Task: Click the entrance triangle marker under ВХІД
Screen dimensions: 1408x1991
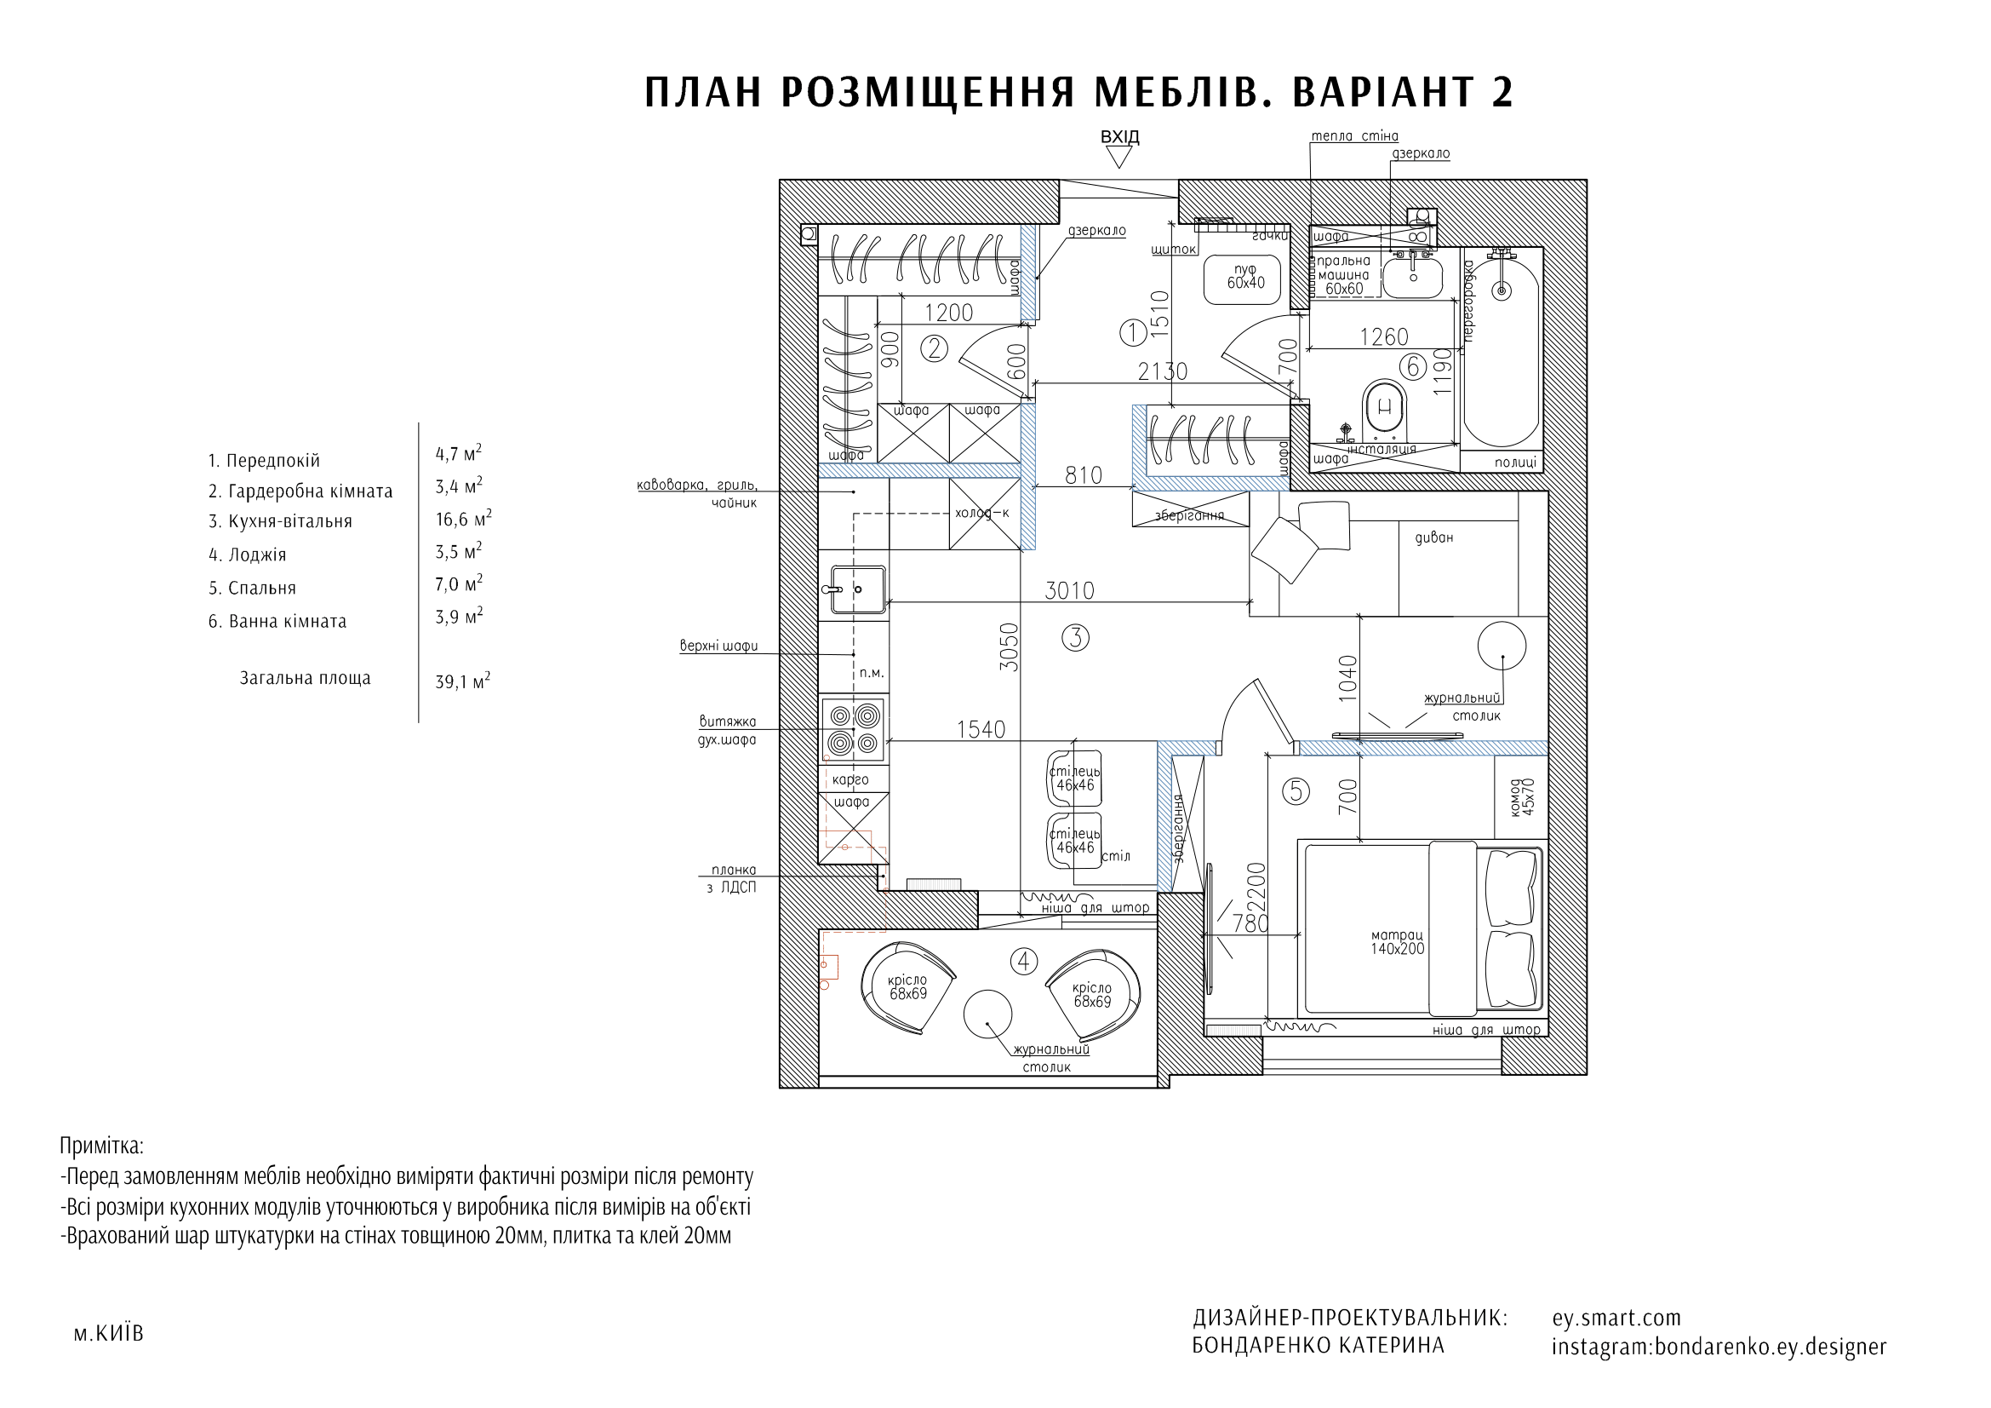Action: [x=1119, y=157]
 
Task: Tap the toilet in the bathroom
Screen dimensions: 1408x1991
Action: [x=1384, y=407]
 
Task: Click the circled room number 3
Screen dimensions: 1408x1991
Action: [x=1075, y=638]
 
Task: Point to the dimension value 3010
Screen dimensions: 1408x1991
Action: [x=1068, y=591]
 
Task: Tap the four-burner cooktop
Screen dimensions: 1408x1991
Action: [x=854, y=729]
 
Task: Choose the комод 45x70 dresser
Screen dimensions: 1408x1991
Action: [x=1522, y=796]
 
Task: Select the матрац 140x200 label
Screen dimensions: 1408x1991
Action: [x=1397, y=942]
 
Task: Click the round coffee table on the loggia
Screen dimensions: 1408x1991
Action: [x=987, y=1014]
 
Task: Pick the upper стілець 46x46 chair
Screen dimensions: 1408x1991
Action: [x=1074, y=779]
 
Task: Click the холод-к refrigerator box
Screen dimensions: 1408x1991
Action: [x=983, y=514]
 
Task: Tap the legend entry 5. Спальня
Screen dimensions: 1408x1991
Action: [x=252, y=589]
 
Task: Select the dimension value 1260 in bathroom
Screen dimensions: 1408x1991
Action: [x=1383, y=336]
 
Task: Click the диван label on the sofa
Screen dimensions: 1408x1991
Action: [x=1433, y=537]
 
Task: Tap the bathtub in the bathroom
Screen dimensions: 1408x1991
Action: [x=1502, y=351]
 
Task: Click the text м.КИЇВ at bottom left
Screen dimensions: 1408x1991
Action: [x=108, y=1333]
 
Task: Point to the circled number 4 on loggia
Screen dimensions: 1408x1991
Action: [x=1024, y=961]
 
